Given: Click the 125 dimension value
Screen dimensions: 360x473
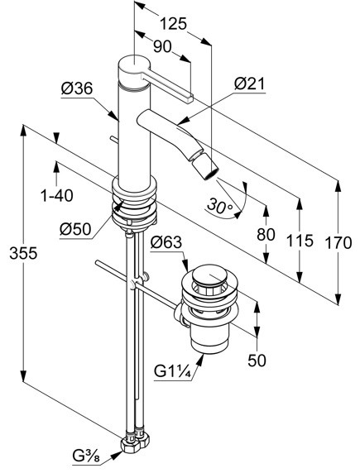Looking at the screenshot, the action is point(173,24).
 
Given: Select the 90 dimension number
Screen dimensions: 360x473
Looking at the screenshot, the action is point(162,47).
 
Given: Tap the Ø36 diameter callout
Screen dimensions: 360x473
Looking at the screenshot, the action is point(77,88).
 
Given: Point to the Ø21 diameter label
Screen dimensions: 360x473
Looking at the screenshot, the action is point(249,84).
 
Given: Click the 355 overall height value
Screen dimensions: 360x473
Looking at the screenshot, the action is point(23,253).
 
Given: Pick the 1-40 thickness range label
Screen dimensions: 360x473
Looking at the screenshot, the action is point(57,195).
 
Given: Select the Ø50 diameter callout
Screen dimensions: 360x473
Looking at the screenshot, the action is point(75,230).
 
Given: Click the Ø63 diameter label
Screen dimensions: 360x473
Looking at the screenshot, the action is point(166,242).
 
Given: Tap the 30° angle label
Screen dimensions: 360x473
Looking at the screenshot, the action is point(220,206).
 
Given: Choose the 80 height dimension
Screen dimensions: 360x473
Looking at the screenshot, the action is point(266,234).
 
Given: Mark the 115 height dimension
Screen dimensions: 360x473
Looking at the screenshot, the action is point(300,241).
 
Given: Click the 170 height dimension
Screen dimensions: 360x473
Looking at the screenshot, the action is point(338,243).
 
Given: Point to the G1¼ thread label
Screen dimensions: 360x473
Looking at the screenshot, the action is point(172,370).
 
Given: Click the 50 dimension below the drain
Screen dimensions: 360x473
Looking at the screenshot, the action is point(257,361).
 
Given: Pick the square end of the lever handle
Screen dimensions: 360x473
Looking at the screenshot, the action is point(188,98).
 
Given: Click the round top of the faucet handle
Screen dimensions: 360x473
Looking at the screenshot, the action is point(133,64).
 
